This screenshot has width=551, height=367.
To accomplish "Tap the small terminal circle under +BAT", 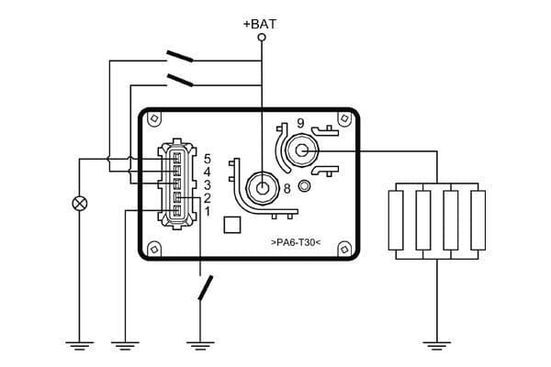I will pos(262,38).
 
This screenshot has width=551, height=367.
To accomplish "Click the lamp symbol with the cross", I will pos(80,203).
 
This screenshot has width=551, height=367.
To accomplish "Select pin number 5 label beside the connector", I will pos(208,159).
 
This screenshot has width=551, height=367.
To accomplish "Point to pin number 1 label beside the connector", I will pos(208,212).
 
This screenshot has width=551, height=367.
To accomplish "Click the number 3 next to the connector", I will pos(208,184).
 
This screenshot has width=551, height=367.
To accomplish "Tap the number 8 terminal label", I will pos(287,189).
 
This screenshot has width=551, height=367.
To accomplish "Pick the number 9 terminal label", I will pos(299,123).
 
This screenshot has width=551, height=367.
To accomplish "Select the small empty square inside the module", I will pos(232,224).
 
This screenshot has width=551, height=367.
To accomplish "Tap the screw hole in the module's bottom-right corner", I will pos(343,248).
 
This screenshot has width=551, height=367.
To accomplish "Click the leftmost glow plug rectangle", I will pos(396,220).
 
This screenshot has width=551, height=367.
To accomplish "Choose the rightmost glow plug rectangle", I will pos(478,220).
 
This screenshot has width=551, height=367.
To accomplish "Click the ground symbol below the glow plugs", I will pos(437,345).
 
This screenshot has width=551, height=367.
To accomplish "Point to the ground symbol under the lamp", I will pos(80,345).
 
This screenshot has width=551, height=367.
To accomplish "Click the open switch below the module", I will pos(206,288).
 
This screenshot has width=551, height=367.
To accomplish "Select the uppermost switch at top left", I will pos(180,57).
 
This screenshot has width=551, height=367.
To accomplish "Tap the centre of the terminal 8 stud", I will pos(264,188).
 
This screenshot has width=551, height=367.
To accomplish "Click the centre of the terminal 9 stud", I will pos(301,150).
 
